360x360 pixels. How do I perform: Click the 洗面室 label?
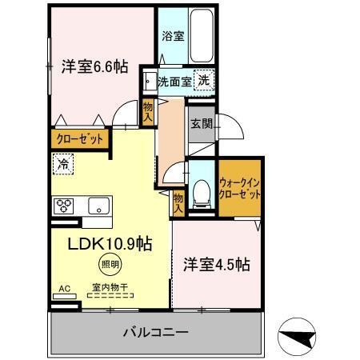coord(174,81)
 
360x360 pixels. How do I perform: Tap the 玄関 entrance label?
coord(200,123)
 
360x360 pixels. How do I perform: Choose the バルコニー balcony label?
coord(155,331)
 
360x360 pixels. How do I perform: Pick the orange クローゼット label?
coord(81,138)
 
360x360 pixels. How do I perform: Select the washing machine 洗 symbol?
coord(204,80)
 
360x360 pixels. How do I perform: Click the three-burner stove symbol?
coord(64,206)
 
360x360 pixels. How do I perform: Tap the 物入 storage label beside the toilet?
coord(178,203)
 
